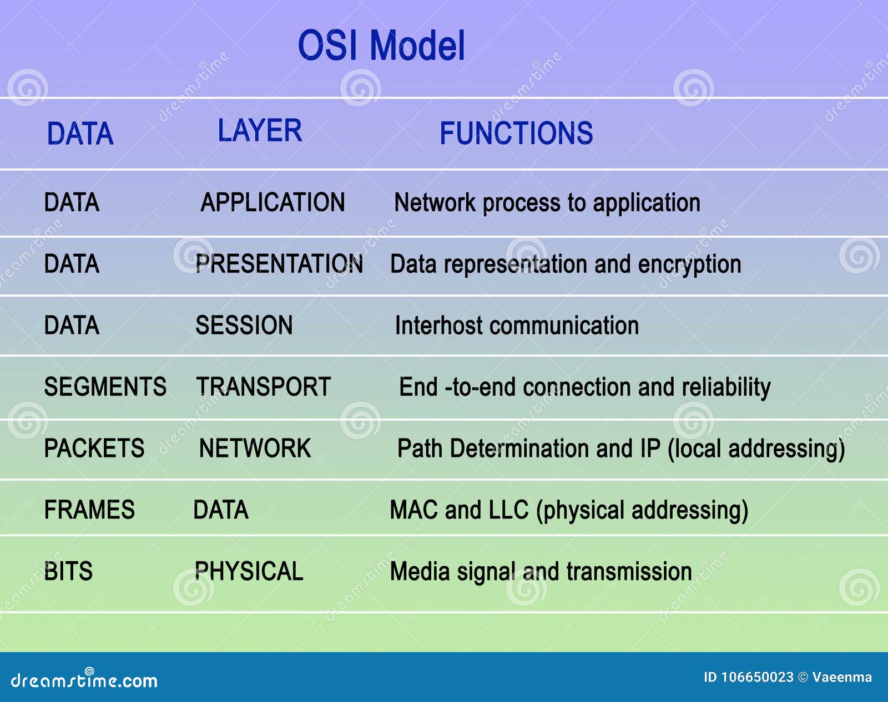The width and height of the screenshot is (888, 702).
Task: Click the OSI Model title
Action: point(381,45)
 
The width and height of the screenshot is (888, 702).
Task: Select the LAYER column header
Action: point(260,131)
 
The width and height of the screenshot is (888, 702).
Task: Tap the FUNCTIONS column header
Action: point(516,134)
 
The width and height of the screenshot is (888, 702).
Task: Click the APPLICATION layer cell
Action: point(273,202)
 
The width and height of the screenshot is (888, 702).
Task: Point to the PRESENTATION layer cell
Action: point(279,264)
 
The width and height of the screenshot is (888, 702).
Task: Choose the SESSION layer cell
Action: point(244,325)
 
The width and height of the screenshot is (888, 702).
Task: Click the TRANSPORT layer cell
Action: point(264,387)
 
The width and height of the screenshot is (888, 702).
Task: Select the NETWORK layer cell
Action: point(255,449)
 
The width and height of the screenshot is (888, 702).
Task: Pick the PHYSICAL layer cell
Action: point(249,571)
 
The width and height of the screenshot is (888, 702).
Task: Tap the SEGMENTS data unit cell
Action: point(105,387)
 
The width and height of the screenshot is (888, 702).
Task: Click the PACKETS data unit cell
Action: point(94,449)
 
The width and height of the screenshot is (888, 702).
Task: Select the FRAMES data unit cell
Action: point(89,510)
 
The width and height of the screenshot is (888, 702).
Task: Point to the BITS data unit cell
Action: point(68,571)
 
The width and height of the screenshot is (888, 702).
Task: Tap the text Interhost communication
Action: point(517,326)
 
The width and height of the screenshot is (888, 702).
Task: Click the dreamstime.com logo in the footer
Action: point(84,680)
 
